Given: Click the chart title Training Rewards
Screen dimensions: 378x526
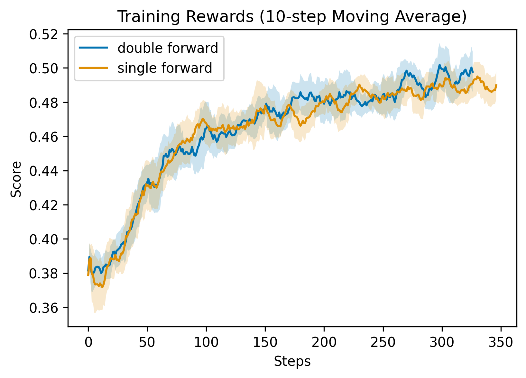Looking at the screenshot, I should point(292,17).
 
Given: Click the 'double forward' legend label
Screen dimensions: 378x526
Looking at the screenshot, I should point(168,48).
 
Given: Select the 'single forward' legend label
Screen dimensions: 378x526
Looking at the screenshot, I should point(165,68).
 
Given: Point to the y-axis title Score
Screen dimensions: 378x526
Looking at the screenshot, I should point(16,179).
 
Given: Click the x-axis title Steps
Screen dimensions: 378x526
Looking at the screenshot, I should point(292,362).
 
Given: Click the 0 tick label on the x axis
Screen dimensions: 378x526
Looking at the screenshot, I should point(88,343).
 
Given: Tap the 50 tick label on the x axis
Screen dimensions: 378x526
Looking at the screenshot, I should point(147,343).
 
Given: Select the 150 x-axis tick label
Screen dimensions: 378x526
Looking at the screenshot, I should point(265,343).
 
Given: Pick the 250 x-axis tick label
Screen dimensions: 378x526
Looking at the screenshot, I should point(383,343).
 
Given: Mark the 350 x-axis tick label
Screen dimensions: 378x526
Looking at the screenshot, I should point(501,343).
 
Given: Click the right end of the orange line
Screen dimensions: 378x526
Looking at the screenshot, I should point(497,85).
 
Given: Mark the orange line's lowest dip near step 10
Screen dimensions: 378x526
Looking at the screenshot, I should point(102,287).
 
